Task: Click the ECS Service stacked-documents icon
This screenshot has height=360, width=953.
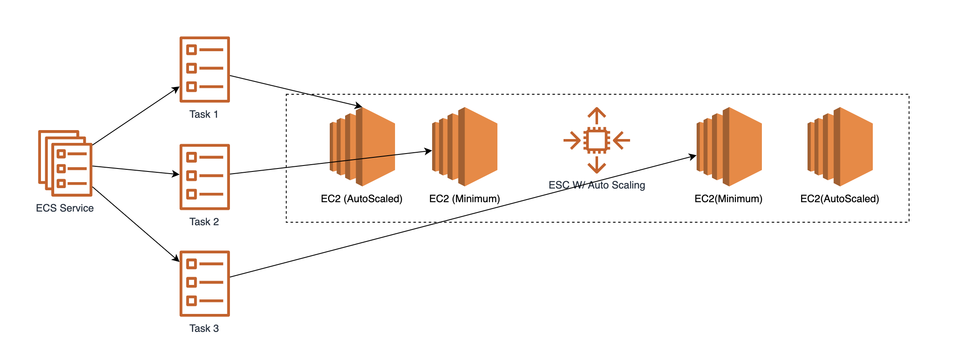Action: point(65,163)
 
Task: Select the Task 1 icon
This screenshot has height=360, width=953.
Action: point(205,70)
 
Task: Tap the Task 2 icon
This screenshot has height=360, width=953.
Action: point(205,177)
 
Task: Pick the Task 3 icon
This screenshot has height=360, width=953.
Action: point(205,284)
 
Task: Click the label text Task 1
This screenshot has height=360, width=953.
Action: point(204,114)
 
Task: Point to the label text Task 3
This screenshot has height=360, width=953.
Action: point(204,328)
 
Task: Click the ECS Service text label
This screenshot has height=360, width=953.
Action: point(65,208)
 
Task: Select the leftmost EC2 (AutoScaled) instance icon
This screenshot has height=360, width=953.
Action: point(362,147)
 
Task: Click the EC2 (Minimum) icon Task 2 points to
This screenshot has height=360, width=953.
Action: point(465,147)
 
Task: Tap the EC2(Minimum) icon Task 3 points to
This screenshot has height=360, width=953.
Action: point(729,147)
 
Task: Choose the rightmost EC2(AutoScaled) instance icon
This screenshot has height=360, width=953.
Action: point(840,147)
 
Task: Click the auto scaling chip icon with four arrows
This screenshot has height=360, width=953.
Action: point(597,140)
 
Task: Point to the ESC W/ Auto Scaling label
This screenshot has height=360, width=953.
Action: point(597,185)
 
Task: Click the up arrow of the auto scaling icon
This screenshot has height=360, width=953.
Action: point(597,114)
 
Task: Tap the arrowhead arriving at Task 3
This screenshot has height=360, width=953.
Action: point(176,258)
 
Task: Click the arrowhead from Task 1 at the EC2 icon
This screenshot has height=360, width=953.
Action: point(358,105)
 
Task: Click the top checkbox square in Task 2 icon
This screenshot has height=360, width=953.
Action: point(192,157)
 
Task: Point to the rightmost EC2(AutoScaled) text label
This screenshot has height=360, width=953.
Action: point(840,199)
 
